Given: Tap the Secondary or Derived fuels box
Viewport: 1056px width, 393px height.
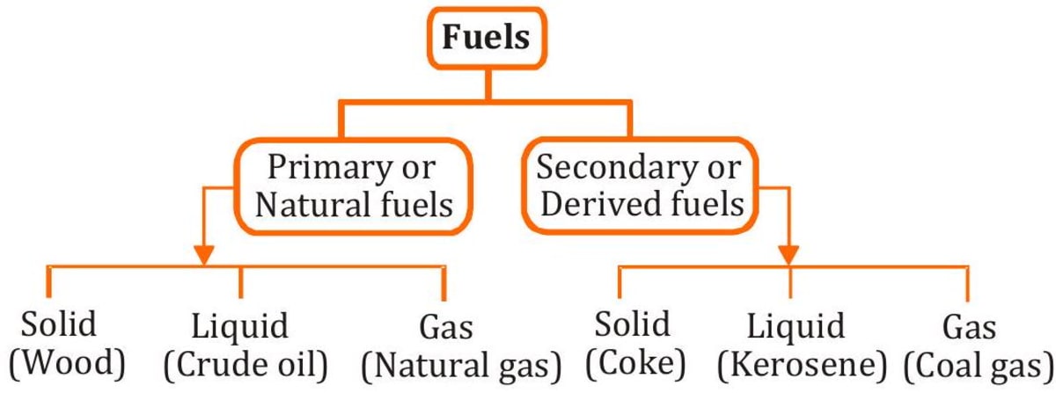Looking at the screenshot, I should [640, 186].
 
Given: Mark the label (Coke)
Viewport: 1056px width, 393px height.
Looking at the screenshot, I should [632, 361].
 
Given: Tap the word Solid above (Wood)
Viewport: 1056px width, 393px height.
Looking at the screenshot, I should [60, 324].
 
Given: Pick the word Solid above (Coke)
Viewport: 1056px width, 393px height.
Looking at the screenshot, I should [631, 324].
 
